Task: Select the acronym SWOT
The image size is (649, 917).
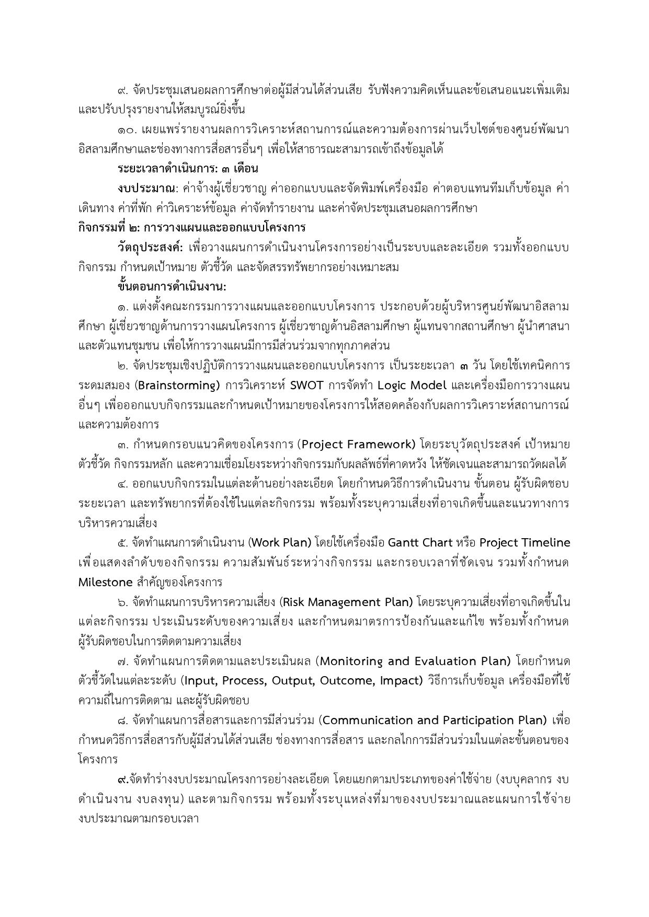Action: click(306, 386)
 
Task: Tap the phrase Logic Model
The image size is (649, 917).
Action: click(412, 386)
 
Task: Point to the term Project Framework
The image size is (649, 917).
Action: click(358, 445)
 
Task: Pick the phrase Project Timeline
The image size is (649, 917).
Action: click(525, 543)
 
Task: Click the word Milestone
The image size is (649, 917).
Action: click(105, 582)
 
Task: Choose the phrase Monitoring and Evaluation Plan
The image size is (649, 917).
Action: click(415, 661)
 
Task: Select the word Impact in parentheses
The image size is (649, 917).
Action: click(400, 681)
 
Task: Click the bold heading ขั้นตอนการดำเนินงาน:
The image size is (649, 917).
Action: click(172, 287)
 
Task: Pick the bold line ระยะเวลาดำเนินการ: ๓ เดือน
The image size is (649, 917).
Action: click(188, 169)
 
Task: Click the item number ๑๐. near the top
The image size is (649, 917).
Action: click(128, 130)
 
